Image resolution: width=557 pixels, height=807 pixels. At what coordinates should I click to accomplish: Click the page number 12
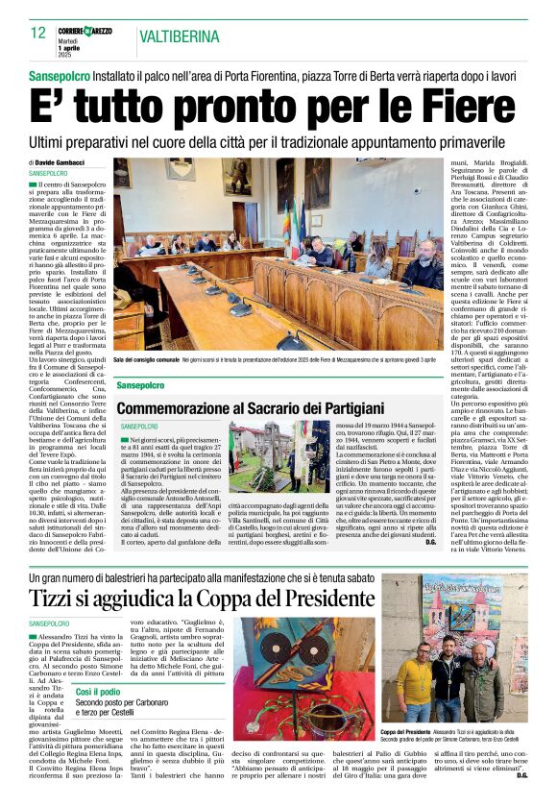point(37,34)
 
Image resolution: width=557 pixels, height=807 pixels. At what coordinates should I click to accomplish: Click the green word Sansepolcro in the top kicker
point(65,74)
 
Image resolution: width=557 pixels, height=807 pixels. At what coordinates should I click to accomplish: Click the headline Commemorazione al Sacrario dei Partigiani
point(250,408)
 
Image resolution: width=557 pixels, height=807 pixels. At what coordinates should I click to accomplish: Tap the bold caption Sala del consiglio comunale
point(146,357)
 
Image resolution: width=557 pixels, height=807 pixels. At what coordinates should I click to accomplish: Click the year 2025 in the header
point(67,53)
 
